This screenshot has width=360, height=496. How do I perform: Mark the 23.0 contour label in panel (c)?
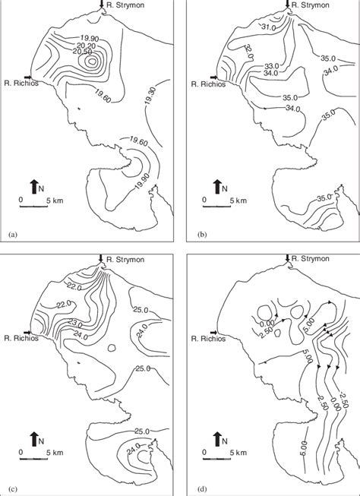[74, 323]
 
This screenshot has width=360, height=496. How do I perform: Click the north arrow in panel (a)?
[34, 185]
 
